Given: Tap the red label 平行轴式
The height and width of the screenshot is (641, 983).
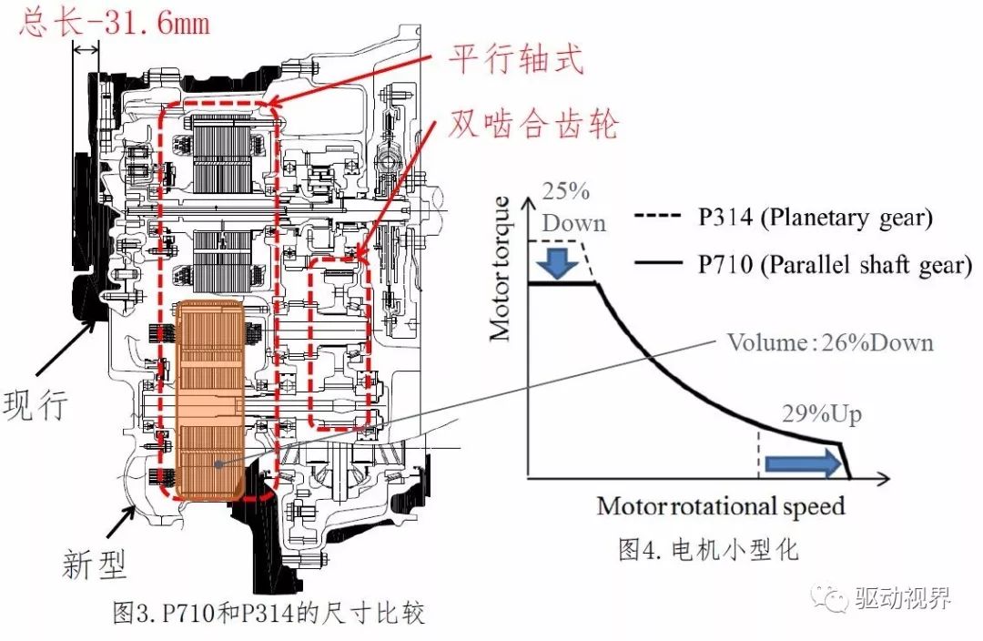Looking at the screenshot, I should (514, 61).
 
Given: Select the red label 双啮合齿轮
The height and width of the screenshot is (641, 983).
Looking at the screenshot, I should (533, 123).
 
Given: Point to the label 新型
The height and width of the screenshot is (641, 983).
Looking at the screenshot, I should (95, 564).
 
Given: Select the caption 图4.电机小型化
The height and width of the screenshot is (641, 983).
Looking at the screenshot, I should (709, 550).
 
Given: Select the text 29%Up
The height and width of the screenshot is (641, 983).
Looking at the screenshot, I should (821, 414).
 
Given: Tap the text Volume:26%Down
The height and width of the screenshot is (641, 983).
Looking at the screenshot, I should (829, 341).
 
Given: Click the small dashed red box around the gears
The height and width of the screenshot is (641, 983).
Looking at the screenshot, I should (339, 343).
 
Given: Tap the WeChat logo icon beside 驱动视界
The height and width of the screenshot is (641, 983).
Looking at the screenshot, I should (833, 598).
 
